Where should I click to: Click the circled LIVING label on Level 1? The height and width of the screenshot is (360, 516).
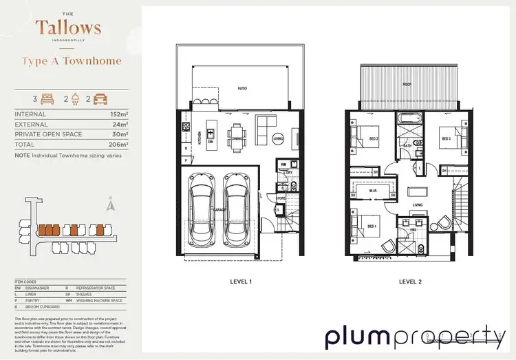coord(278,138)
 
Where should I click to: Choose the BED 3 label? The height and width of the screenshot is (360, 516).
coord(445,138)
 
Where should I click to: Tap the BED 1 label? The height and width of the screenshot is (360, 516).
coord(372,226)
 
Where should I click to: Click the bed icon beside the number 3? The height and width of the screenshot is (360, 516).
coord(47,99)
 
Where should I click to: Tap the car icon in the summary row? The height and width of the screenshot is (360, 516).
coord(100,99)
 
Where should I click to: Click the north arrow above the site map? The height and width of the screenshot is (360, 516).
coord(110,204)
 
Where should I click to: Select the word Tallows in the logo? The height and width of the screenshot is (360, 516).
coord(68,28)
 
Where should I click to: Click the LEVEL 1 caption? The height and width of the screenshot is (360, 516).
coord(241,282)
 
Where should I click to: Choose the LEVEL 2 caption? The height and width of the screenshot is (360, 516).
coord(409,282)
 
